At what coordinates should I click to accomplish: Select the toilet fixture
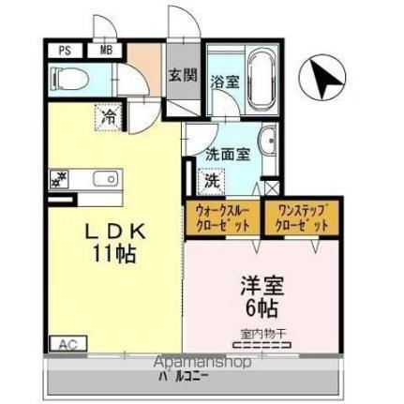tap(70, 80)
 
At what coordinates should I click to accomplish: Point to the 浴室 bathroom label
tap(225, 82)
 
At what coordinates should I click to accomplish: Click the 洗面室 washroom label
tap(227, 153)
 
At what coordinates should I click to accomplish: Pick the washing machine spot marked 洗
tap(213, 179)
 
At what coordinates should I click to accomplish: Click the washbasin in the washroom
tap(266, 141)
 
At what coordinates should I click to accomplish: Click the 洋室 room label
tap(262, 282)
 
